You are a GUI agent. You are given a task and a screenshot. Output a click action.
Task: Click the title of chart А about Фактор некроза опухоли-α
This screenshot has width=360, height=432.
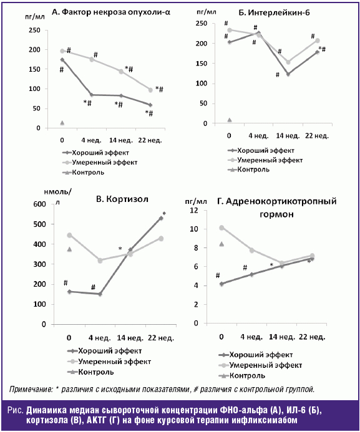[x=111, y=12]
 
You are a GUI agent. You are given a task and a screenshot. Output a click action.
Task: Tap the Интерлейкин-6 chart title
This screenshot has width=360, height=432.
[x=274, y=12]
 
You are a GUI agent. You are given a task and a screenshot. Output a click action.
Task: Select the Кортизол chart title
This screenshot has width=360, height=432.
[x=122, y=199]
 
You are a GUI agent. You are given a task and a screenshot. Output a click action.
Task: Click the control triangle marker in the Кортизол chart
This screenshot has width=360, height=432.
[x=69, y=249]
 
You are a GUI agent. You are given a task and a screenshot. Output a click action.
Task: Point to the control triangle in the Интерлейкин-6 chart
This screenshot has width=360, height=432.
[x=230, y=120]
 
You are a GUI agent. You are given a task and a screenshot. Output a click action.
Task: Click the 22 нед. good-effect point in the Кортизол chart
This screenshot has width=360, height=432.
[x=161, y=218]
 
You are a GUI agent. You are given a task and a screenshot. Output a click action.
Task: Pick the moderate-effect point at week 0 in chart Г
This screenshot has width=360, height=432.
[x=221, y=228]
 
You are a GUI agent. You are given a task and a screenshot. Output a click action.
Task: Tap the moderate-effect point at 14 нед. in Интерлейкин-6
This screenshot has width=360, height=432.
[x=288, y=62]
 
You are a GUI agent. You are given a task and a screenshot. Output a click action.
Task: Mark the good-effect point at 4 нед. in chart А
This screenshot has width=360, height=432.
[x=92, y=95]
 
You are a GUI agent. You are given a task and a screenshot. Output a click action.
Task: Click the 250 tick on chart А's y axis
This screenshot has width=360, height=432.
[x=34, y=30]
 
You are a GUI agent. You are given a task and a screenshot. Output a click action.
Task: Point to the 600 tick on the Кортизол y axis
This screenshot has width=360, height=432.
[x=40, y=204]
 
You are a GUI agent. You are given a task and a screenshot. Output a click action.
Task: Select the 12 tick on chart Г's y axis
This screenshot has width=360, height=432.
[x=194, y=210]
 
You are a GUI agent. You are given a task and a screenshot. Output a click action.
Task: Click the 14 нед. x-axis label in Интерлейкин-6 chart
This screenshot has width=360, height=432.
[x=288, y=135]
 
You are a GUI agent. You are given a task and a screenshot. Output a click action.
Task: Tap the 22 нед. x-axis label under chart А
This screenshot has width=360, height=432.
[x=150, y=140]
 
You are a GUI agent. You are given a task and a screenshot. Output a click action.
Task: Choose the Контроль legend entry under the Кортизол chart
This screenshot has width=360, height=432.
[x=90, y=372]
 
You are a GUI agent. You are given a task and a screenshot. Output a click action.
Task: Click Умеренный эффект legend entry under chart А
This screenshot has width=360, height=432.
[x=100, y=162]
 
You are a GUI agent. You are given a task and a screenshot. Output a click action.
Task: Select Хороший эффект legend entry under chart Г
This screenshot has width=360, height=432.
[x=256, y=355]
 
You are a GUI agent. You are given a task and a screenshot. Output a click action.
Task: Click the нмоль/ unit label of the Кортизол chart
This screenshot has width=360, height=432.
[x=57, y=192]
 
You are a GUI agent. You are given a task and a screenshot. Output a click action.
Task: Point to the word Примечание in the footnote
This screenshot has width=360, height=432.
[x=31, y=389]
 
